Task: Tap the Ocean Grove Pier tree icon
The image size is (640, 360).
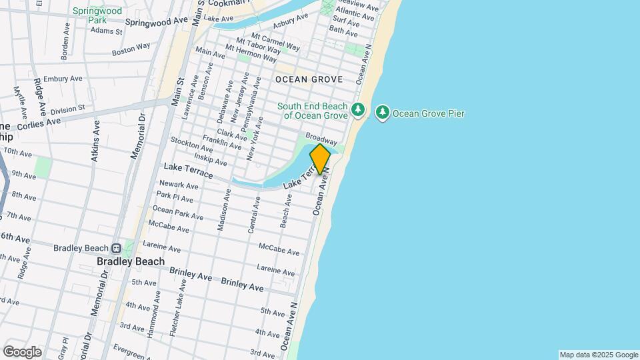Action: [x=383, y=113]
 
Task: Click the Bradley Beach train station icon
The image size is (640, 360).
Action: [x=116, y=248]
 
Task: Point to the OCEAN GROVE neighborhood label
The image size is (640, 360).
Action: [x=309, y=79]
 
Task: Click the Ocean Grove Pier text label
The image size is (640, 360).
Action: [x=428, y=113]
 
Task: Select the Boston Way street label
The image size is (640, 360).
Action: [x=131, y=50]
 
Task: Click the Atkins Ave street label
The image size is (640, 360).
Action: [x=95, y=141]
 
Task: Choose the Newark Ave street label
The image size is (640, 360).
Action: [x=176, y=183]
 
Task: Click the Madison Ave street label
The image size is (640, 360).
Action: [x=223, y=210]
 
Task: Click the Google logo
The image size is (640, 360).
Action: [x=22, y=351]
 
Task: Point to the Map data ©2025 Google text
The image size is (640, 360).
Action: [x=599, y=355]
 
